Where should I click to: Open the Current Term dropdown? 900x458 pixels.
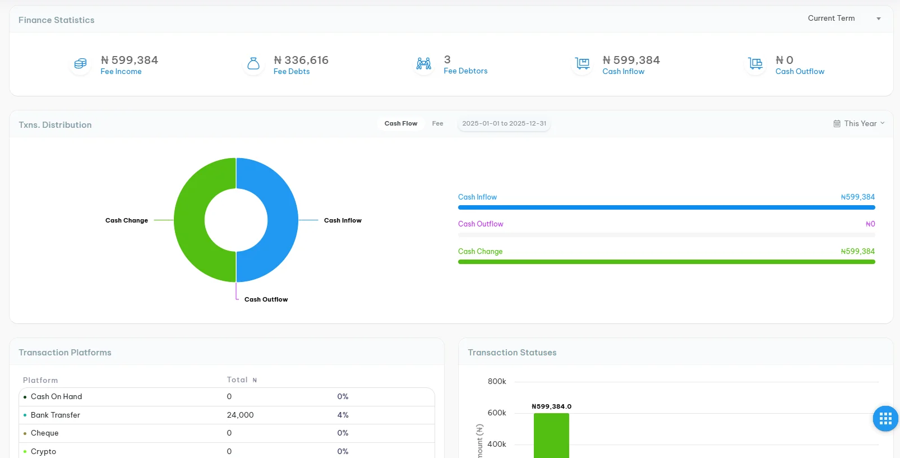click(x=843, y=18)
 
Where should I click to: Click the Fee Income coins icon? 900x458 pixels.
click(x=80, y=64)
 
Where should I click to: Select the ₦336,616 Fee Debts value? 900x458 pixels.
click(x=301, y=60)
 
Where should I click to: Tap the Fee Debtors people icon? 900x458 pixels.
click(x=424, y=64)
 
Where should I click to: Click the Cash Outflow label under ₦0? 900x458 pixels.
click(x=800, y=72)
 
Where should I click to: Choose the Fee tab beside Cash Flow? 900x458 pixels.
click(x=437, y=124)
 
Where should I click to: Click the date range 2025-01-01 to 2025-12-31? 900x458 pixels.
click(x=504, y=124)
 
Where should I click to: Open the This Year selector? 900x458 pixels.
click(x=859, y=124)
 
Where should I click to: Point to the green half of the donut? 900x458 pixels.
click(x=190, y=220)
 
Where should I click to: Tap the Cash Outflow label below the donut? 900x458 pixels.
click(x=266, y=299)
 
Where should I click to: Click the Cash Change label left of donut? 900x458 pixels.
click(x=127, y=220)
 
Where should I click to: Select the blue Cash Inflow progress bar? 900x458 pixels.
click(x=666, y=207)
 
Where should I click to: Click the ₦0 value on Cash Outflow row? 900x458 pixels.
click(x=870, y=224)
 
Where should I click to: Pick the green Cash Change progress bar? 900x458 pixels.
click(x=666, y=262)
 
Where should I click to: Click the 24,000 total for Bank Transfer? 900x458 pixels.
click(x=240, y=415)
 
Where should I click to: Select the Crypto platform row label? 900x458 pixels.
click(x=43, y=452)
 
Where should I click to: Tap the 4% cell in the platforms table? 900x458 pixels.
click(x=343, y=415)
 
